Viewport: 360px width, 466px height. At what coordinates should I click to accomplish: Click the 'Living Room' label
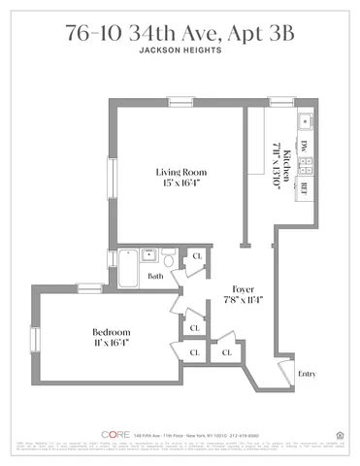180,173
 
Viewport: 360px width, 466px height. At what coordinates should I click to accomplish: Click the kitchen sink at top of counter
304,121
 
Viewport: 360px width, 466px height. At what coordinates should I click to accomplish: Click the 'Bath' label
155,276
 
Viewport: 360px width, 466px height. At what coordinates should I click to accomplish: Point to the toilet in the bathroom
170,261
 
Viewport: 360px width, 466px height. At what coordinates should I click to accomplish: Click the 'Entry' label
307,374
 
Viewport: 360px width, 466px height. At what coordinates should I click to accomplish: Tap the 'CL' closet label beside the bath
195,256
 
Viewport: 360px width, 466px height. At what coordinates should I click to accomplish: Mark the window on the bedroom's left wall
34,342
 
